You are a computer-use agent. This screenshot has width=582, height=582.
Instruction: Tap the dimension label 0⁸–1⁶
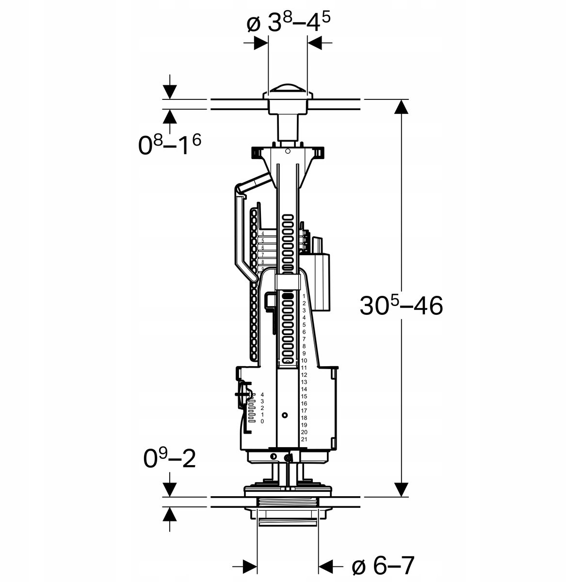[x=169, y=144]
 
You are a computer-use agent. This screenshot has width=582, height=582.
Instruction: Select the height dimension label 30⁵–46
[x=402, y=306]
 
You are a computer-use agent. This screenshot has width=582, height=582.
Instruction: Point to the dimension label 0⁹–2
[x=169, y=458]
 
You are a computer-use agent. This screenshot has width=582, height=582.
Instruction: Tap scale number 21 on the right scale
[x=304, y=439]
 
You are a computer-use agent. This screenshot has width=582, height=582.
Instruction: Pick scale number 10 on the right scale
[x=304, y=361]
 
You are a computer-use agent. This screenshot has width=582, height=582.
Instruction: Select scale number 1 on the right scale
[x=304, y=296]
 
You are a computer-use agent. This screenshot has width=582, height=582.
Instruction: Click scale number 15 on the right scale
[x=304, y=396]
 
